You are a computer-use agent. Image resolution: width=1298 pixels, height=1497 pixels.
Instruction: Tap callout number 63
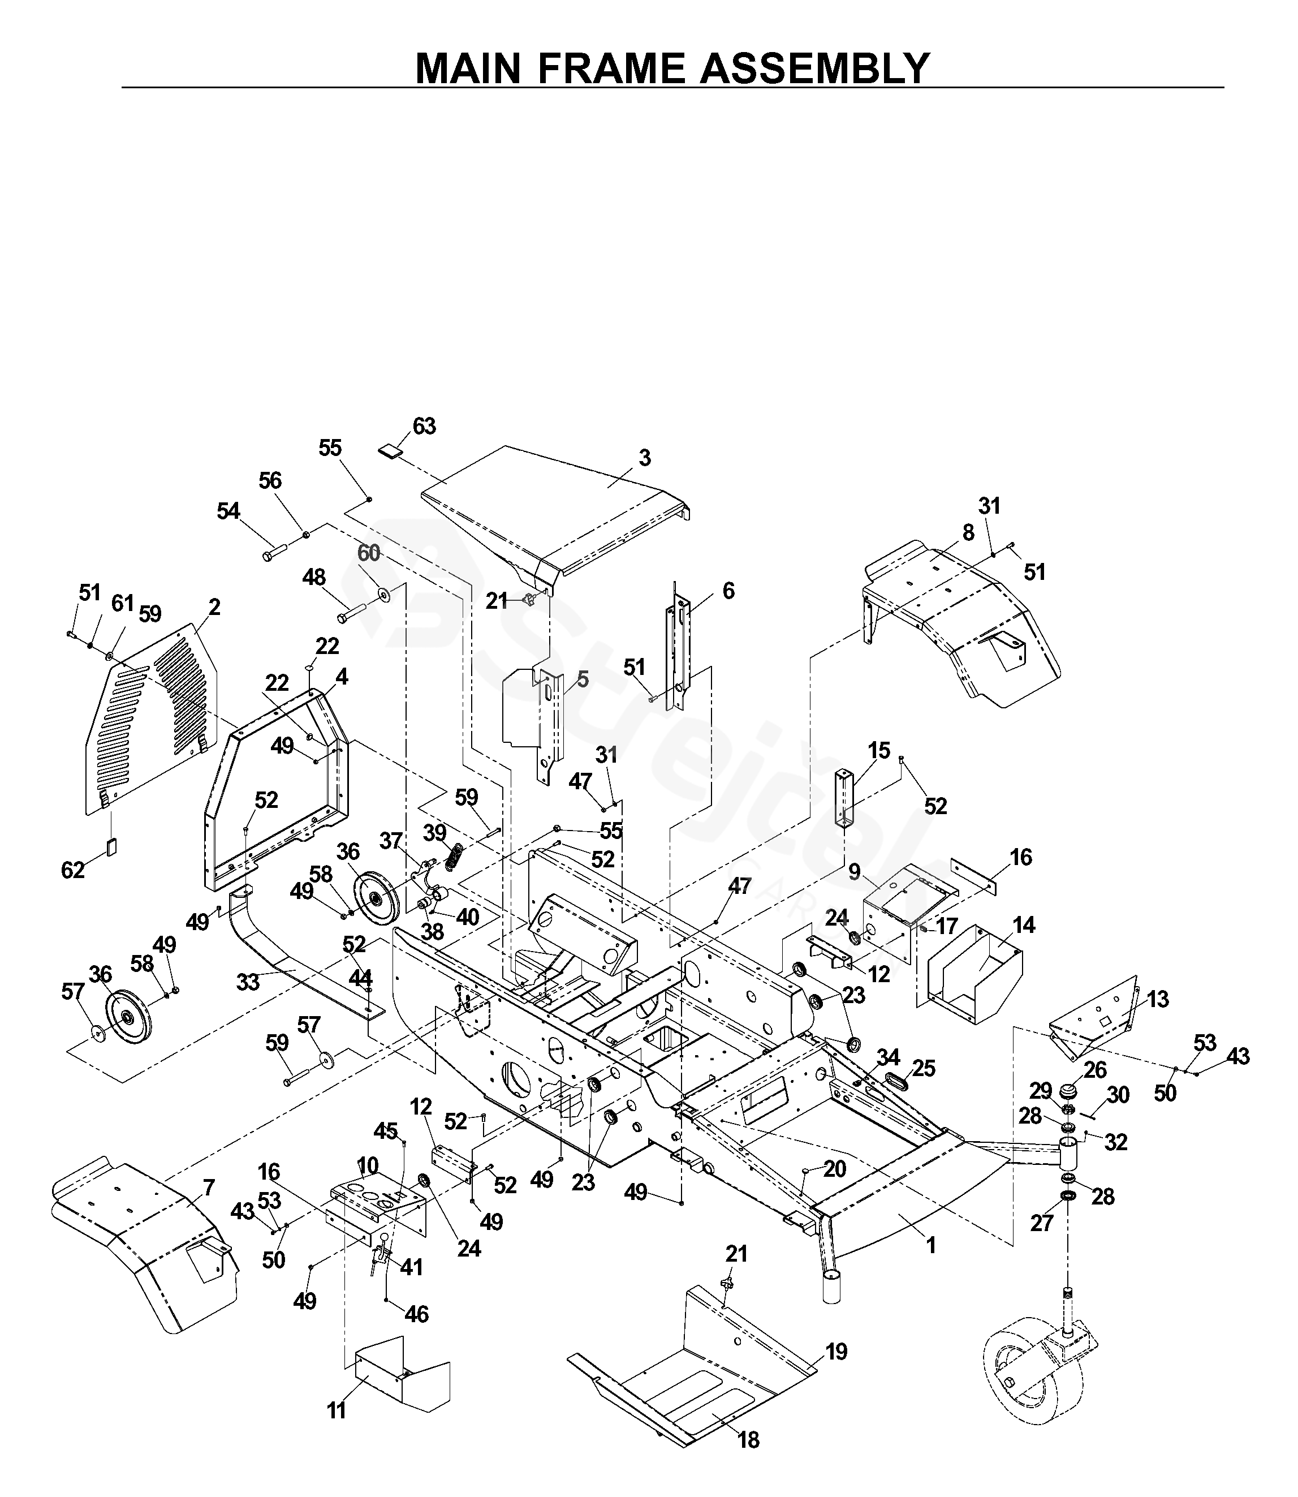click(424, 426)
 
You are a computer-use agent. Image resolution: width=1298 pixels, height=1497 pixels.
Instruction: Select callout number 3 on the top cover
click(644, 458)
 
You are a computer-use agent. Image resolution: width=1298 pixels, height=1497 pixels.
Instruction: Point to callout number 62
click(72, 870)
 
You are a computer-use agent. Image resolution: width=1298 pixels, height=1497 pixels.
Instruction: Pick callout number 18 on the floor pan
click(748, 1440)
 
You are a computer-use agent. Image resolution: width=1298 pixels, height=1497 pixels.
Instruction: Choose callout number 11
click(336, 1411)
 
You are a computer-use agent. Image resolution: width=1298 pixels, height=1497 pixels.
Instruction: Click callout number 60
click(369, 553)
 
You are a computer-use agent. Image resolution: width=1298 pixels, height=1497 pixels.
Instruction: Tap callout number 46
click(416, 1314)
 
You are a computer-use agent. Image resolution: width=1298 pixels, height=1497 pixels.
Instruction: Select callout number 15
click(878, 751)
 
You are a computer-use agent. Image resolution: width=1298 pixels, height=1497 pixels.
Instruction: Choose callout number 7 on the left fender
click(209, 1187)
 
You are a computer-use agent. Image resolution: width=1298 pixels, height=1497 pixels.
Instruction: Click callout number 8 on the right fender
click(968, 532)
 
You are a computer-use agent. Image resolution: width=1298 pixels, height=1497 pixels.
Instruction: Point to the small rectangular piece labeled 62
click(111, 848)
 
